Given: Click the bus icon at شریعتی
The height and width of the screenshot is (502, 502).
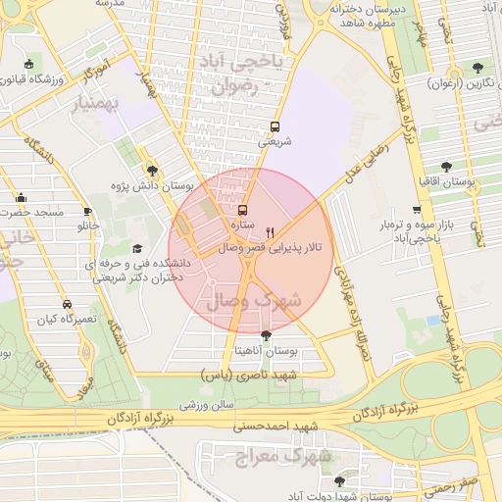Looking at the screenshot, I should (275, 125).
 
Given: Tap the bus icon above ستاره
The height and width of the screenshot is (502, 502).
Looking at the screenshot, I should (242, 210).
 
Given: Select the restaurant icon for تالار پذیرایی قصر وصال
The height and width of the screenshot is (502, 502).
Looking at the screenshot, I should (270, 232).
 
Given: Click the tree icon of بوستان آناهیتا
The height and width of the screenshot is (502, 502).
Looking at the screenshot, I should (266, 335).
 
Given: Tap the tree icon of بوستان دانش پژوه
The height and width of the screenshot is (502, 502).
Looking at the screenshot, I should (151, 170).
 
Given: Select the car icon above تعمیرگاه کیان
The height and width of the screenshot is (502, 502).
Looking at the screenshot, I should (66, 304).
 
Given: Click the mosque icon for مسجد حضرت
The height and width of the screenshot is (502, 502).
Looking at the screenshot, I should (21, 197).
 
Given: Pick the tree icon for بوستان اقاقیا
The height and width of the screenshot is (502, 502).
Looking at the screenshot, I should (447, 167).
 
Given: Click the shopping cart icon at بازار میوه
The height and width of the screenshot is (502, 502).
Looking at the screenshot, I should (418, 210).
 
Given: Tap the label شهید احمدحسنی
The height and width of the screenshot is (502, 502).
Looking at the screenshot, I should (276, 426).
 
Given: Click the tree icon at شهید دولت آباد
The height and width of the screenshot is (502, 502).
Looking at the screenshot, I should (339, 481).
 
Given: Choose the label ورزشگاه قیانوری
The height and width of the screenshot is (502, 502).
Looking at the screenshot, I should (60, 78).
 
